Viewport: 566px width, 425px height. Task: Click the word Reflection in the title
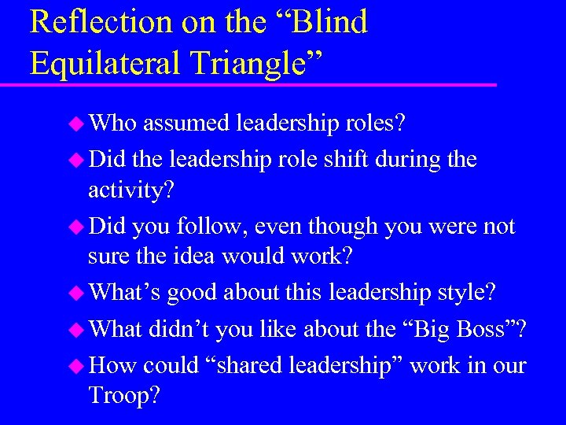(x=86, y=22)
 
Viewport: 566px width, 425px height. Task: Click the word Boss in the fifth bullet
(x=485, y=330)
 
